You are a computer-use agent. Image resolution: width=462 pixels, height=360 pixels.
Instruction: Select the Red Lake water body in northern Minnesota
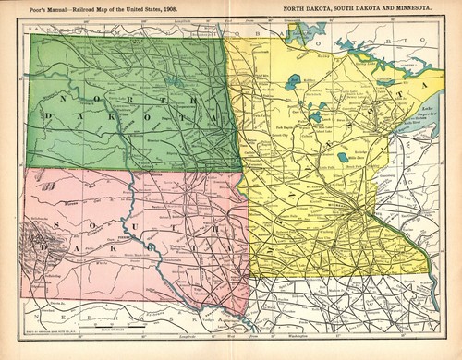tap(295, 83)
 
